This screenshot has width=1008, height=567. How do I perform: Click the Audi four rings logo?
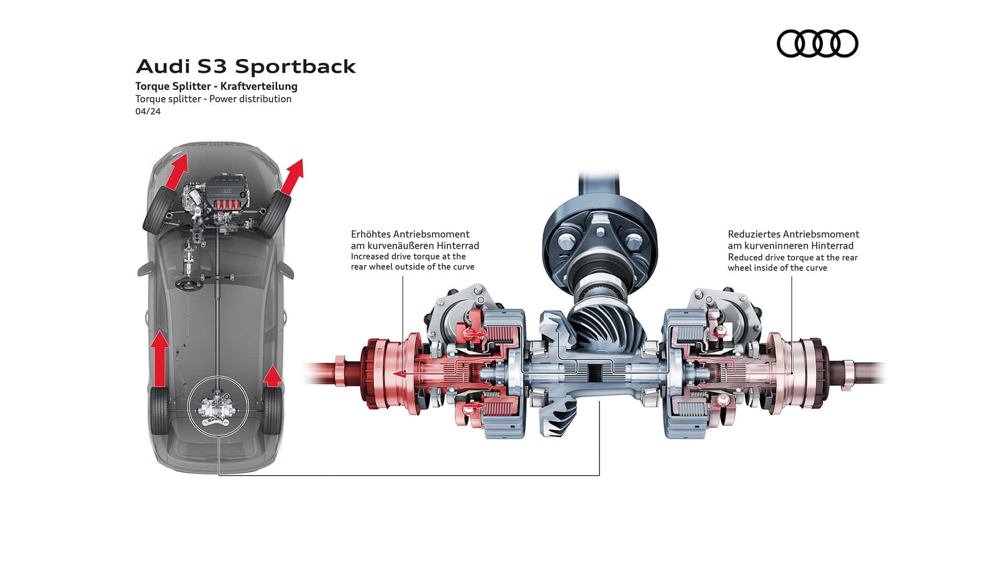[817, 43]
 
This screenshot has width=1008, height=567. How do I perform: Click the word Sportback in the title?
[296, 66]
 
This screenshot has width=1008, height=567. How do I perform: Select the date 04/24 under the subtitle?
[148, 111]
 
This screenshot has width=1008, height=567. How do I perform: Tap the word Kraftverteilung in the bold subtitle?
[259, 86]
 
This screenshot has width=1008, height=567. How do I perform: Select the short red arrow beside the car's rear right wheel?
[272, 376]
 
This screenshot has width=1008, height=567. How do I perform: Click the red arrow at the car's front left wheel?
[176, 172]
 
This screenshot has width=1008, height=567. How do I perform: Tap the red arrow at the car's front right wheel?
[292, 176]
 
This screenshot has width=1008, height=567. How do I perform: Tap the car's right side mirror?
[288, 269]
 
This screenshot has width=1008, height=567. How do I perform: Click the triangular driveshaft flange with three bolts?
[599, 242]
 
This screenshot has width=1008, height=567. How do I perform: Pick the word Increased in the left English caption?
[370, 256]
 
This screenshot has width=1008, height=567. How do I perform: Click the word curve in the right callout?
[816, 268]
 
